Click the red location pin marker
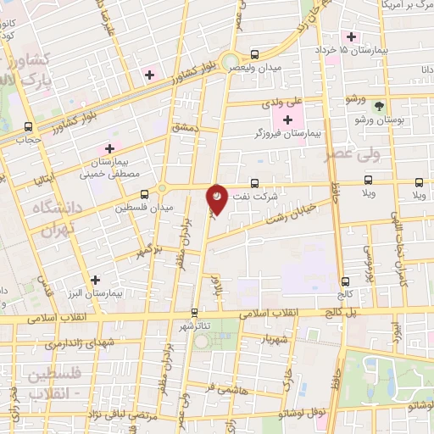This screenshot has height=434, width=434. pyautogui.click(x=218, y=198)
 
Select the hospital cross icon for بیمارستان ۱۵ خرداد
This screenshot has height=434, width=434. pyautogui.click(x=350, y=36)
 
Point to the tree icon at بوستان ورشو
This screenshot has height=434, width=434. pyautogui.click(x=379, y=106)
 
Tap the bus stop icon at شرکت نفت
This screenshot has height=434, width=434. pyautogui.click(x=255, y=183)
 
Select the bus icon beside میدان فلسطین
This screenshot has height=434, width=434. pyautogui.click(x=144, y=192)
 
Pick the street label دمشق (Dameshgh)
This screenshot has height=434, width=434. pyautogui.click(x=184, y=127)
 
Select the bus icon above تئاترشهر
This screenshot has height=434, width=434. pyautogui.click(x=195, y=312)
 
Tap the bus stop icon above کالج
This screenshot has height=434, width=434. pyautogui.click(x=344, y=282)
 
